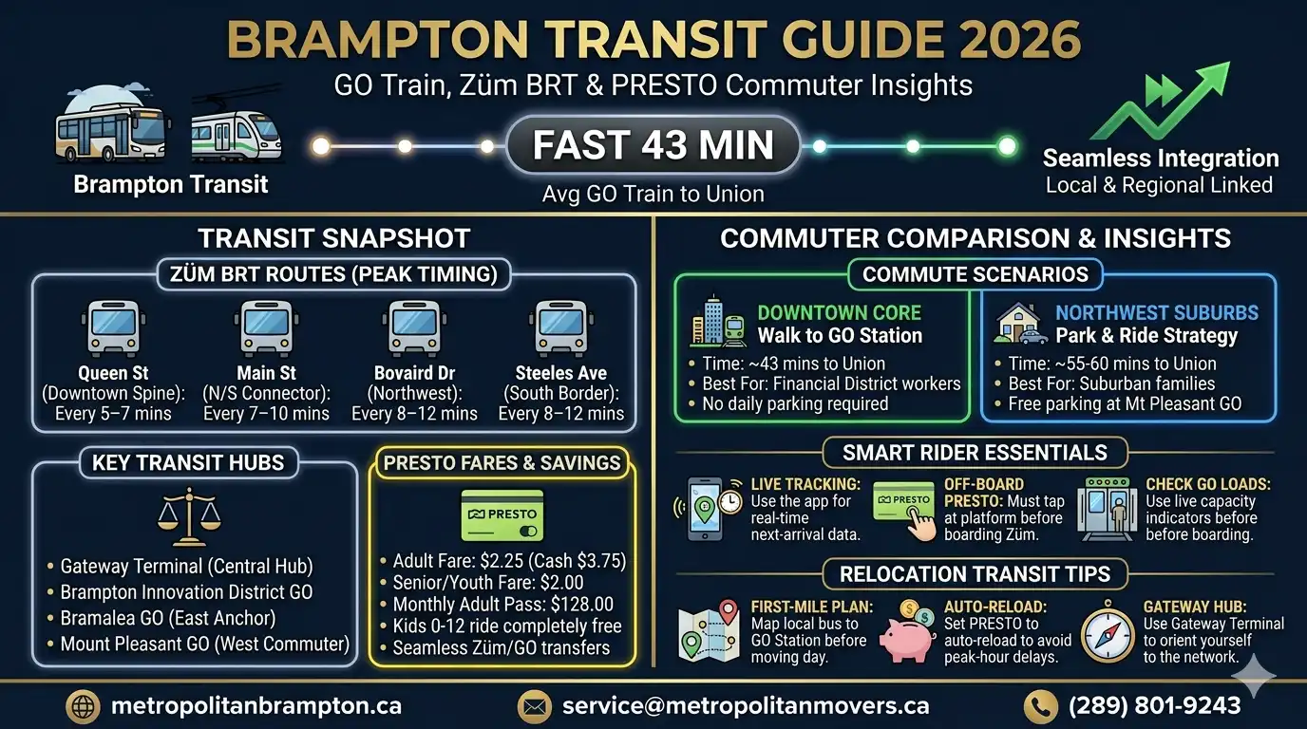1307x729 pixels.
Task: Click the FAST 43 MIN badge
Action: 653,145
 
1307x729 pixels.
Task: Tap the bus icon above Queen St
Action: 114,327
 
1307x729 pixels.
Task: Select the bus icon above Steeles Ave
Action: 560,327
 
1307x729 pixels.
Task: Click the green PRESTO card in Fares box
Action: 502,515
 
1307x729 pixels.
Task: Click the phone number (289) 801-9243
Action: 1154,705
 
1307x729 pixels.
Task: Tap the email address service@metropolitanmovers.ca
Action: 745,705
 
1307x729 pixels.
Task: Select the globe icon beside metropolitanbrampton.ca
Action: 83,706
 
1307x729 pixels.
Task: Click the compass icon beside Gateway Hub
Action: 1108,630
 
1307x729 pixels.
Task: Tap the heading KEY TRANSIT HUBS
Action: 188,463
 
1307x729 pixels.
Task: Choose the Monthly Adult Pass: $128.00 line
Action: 503,604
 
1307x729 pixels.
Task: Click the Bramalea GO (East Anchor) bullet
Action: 168,618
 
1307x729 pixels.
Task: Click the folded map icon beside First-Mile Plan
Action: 710,630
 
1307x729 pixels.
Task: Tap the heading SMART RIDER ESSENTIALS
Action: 975,452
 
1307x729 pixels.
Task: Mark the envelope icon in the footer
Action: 534,706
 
